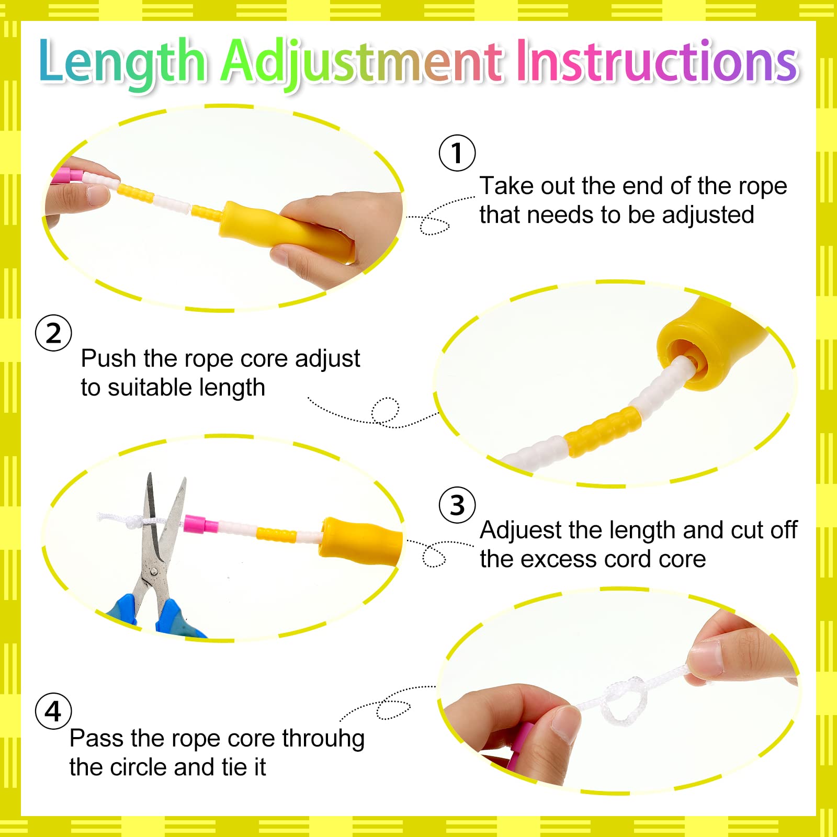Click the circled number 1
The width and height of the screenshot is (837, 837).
[457, 153]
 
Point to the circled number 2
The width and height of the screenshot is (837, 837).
[53, 333]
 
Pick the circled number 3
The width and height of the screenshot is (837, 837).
[457, 505]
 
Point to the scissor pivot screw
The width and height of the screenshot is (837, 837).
[153, 572]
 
